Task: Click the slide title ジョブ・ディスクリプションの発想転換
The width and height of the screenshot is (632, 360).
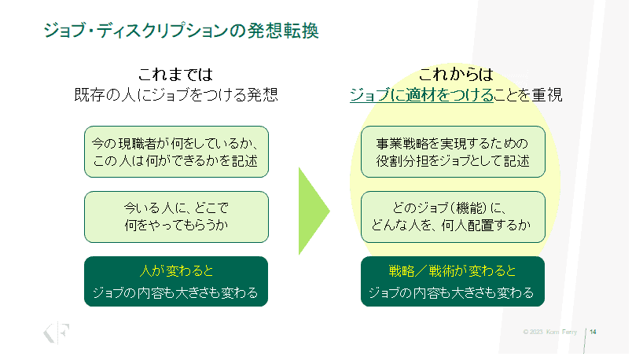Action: (x=182, y=32)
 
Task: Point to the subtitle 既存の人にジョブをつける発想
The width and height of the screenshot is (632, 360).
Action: (x=175, y=95)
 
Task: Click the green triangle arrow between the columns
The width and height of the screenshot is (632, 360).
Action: (x=313, y=211)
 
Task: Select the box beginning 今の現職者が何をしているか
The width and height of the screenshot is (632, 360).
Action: (x=176, y=152)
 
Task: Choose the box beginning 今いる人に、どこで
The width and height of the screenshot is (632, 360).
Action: (x=176, y=217)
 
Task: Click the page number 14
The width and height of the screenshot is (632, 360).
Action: (x=593, y=332)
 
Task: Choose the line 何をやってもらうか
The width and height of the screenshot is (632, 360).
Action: (x=176, y=226)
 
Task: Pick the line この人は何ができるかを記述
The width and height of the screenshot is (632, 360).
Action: (x=176, y=163)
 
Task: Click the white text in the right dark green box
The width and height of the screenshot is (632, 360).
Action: (x=452, y=293)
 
